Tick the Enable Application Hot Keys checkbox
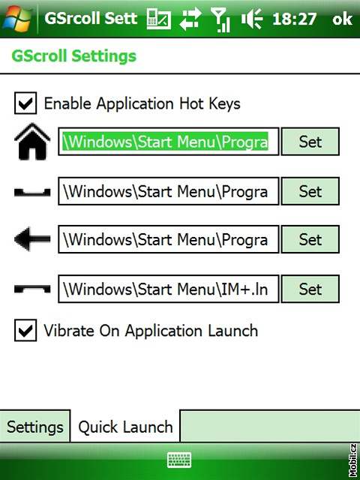click(25, 103)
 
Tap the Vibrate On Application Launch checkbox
click(25, 330)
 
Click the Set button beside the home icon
click(310, 142)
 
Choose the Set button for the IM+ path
click(310, 289)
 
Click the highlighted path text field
click(168, 142)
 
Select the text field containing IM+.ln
click(168, 289)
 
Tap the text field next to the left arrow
click(168, 239)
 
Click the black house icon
click(32, 142)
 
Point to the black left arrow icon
click(32, 239)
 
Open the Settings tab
click(35, 427)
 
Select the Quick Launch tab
click(125, 427)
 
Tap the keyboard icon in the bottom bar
click(179, 460)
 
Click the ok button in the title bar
click(342, 19)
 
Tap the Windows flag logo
click(17, 18)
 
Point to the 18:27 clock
click(294, 19)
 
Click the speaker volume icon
click(252, 19)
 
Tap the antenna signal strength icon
click(220, 19)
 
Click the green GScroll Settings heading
click(74, 56)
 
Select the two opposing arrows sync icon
click(190, 19)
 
